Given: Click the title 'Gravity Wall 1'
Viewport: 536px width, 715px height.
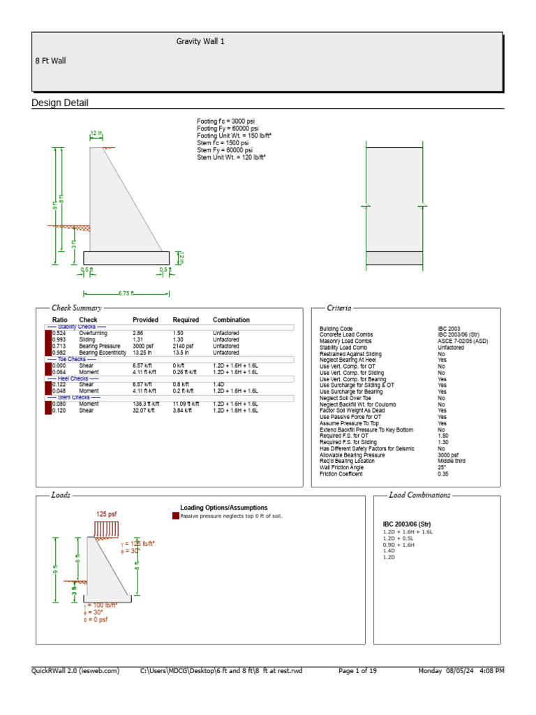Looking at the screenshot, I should tap(200, 42).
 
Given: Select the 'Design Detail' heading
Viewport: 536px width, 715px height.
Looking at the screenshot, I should tap(60, 103).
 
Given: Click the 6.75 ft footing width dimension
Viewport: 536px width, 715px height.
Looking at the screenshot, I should tap(126, 293).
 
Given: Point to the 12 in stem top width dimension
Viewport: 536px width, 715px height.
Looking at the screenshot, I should tap(96, 133).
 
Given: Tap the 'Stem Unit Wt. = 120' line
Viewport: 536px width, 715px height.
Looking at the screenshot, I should tap(232, 158).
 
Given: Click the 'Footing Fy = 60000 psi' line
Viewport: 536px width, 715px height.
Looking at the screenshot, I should tap(228, 128).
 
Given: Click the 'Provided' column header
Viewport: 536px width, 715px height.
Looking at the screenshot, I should tap(145, 320).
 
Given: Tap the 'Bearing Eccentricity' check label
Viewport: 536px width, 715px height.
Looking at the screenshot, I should tap(103, 353).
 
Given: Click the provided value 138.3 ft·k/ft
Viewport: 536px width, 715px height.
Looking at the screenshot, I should tap(146, 404).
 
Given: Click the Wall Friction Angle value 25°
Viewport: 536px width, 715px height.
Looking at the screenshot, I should tap(442, 468).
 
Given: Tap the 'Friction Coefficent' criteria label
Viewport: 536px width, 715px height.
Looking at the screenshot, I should tap(341, 474).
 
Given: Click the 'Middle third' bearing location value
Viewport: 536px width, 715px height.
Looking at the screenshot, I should tap(452, 462).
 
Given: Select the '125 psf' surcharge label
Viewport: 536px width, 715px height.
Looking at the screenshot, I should tap(106, 515).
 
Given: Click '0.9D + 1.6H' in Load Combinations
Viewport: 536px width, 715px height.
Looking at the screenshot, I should tap(399, 545).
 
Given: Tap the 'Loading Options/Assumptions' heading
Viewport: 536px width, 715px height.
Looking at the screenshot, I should tap(223, 508).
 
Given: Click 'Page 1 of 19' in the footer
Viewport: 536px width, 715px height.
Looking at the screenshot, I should tap(357, 671).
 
